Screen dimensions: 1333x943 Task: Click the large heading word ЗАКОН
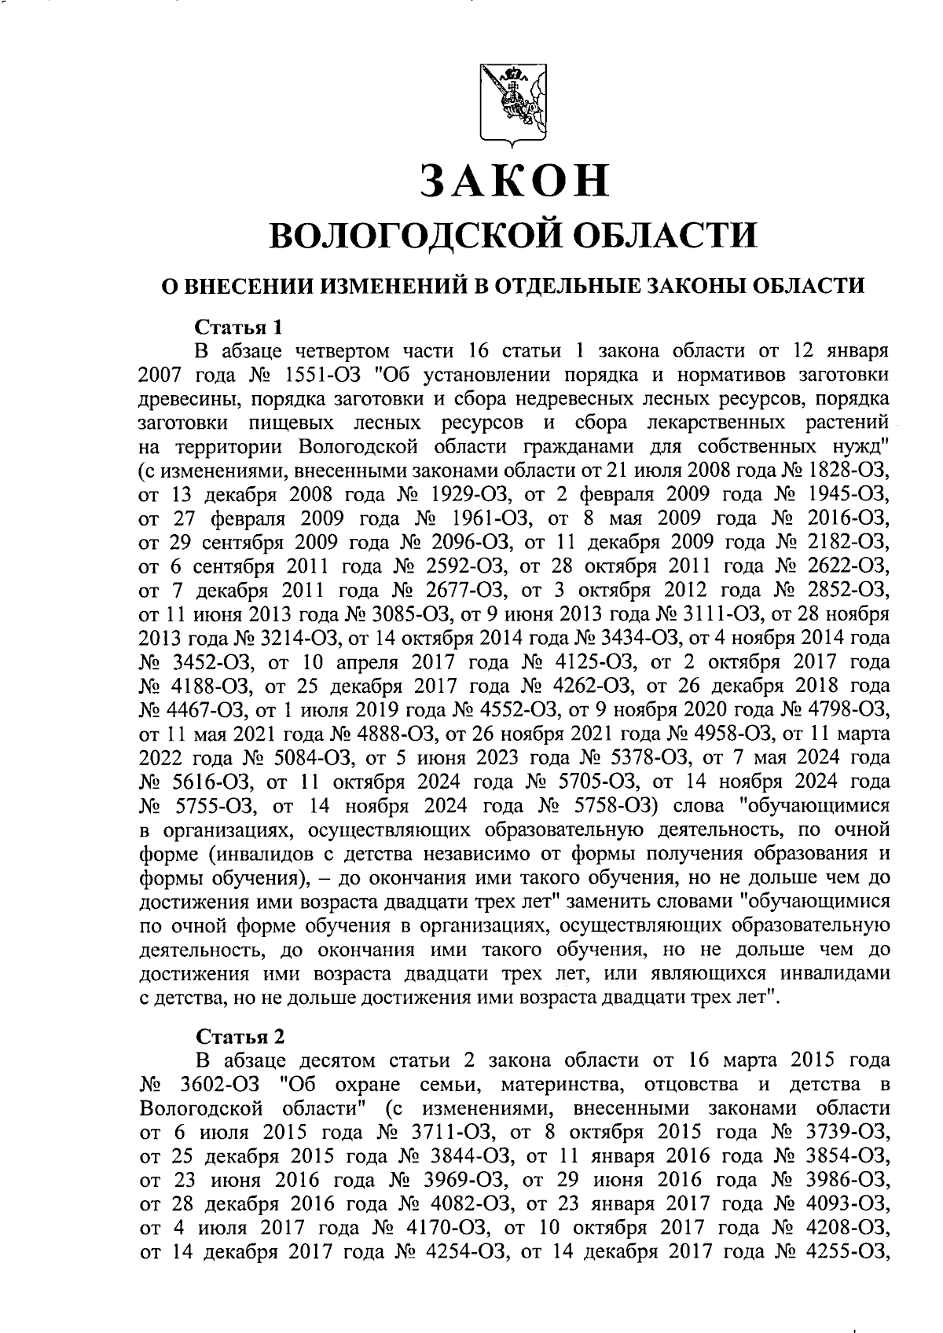[x=514, y=180]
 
